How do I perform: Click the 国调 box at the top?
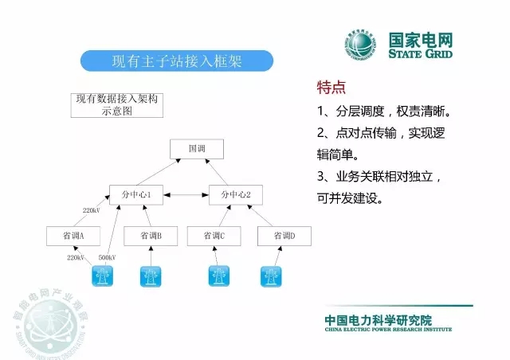tap(196, 149)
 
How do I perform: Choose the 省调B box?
tap(151, 236)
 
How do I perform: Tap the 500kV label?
tap(108, 258)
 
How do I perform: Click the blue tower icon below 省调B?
tap(151, 276)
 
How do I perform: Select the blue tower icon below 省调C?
tap(218, 276)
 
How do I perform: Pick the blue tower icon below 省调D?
tap(272, 276)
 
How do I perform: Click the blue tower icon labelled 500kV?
tap(103, 276)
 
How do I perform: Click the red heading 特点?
tap(331, 86)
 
